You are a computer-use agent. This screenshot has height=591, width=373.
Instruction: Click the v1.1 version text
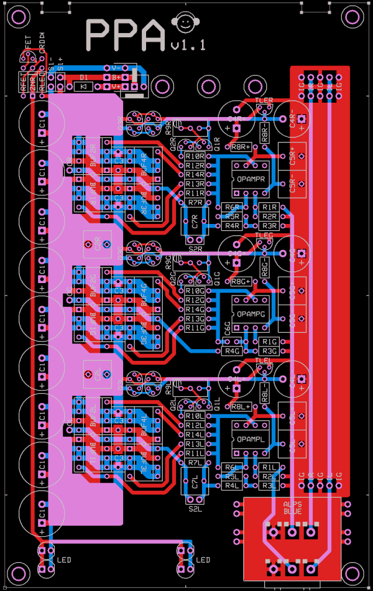(188, 45)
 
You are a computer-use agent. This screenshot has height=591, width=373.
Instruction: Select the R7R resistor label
(195, 202)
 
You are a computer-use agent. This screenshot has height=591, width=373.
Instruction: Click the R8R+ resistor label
(241, 147)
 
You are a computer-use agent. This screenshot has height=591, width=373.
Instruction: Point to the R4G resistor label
(232, 351)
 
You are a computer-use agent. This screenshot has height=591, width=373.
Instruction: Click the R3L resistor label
(269, 485)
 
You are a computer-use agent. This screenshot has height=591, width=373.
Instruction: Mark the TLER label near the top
(264, 100)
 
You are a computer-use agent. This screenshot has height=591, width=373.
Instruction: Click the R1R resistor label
(269, 207)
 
